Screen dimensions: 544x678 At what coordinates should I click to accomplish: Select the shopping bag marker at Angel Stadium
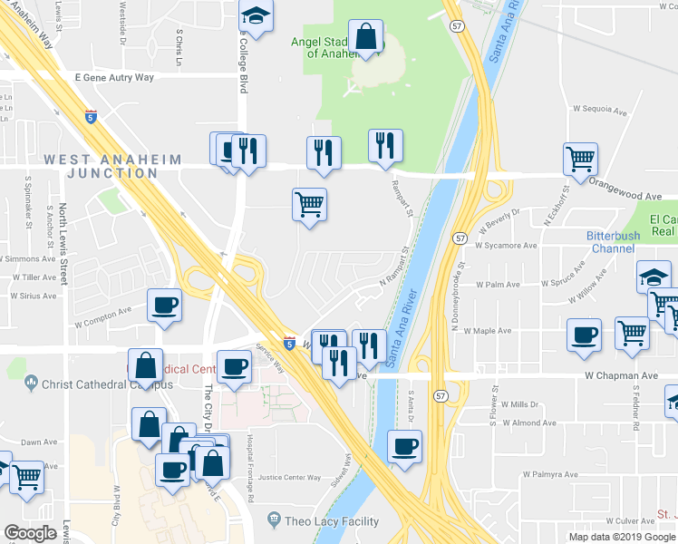(x=365, y=38)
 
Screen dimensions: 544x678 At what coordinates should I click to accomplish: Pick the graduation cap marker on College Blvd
(x=256, y=15)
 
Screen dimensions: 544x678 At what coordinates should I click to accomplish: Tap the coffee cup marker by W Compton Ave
(x=165, y=304)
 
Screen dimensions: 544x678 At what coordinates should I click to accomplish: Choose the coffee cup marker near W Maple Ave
(x=584, y=335)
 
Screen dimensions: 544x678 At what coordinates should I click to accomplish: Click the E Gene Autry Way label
(x=114, y=78)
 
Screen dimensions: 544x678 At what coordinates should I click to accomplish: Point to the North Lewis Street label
(x=63, y=245)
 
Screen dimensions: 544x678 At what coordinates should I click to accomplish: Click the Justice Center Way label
(x=289, y=477)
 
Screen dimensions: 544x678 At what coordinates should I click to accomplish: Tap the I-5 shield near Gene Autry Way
(x=91, y=116)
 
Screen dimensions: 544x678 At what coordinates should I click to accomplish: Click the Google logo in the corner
(x=31, y=533)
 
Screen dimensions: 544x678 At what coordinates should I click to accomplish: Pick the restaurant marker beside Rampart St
(x=385, y=145)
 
